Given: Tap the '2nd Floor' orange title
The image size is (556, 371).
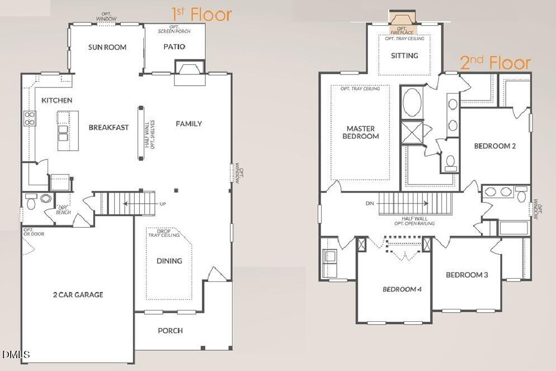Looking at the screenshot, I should click(495, 63).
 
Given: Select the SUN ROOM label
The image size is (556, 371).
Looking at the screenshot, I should click(107, 47).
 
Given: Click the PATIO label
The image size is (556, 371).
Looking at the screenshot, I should click(175, 47).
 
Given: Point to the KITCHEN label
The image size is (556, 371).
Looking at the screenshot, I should click(56, 100).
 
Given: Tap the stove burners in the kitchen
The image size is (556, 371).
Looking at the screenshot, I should click(29, 118).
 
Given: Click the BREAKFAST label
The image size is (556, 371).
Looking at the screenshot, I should click(109, 127).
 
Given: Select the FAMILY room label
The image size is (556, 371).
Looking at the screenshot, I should click(189, 124).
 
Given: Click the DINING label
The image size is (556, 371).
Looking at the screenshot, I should click(169, 261).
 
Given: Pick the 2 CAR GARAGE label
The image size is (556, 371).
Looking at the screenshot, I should click(78, 294).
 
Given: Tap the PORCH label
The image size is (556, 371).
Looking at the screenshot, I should click(170, 330).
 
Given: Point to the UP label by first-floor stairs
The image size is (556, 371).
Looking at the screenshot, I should click(163, 204).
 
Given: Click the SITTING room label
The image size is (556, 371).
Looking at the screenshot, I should click(404, 55).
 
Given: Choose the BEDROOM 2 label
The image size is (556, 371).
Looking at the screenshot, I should click(494, 146).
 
